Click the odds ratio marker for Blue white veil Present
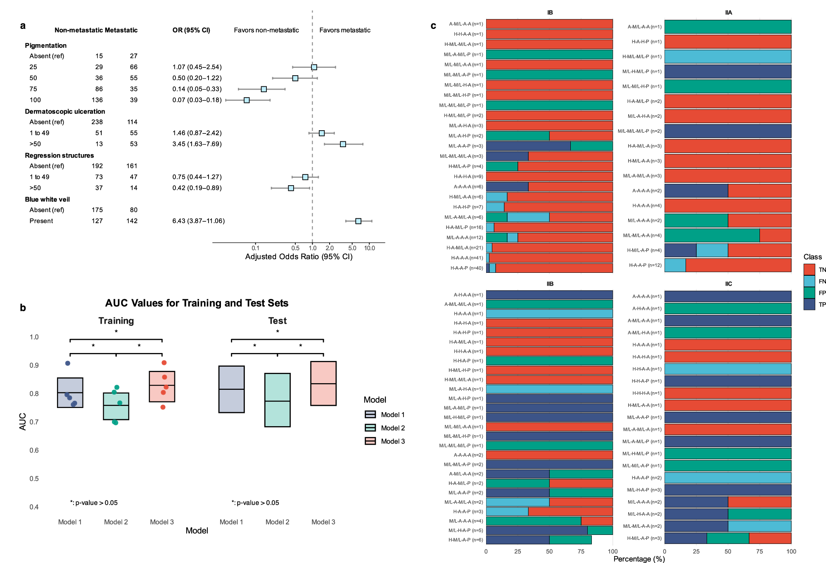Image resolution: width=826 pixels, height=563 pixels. pos(358,221)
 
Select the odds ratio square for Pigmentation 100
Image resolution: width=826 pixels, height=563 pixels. pos(247,100)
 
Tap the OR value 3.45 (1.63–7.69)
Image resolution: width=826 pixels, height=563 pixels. pos(197,144)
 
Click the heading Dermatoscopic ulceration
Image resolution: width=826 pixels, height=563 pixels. pos(65,112)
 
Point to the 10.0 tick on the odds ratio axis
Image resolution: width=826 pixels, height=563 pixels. pos(369,248)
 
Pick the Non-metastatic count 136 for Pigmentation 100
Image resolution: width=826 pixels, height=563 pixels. pos(97,100)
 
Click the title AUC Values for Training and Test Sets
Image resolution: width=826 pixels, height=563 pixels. pos(197,303)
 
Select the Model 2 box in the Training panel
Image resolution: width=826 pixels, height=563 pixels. pos(116,406)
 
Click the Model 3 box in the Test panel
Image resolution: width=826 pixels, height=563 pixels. pos(323,383)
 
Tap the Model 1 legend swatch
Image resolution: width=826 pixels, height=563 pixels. pos(370,415)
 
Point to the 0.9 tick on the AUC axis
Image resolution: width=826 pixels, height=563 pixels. pos(34,365)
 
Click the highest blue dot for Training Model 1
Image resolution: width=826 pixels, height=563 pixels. pos(68,363)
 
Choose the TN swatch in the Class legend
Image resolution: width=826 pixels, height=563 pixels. pos(809,270)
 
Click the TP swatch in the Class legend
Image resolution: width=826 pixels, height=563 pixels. pos(809,305)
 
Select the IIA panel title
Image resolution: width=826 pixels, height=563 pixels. pos(728,13)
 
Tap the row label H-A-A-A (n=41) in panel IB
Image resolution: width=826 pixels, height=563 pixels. pos(467,258)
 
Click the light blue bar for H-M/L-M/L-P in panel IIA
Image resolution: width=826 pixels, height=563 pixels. pos(728,57)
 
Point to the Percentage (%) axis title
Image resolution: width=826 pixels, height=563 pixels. pos(639,559)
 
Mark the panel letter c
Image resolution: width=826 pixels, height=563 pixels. pos(433,26)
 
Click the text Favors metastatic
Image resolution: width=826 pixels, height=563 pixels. pos(345,30)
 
